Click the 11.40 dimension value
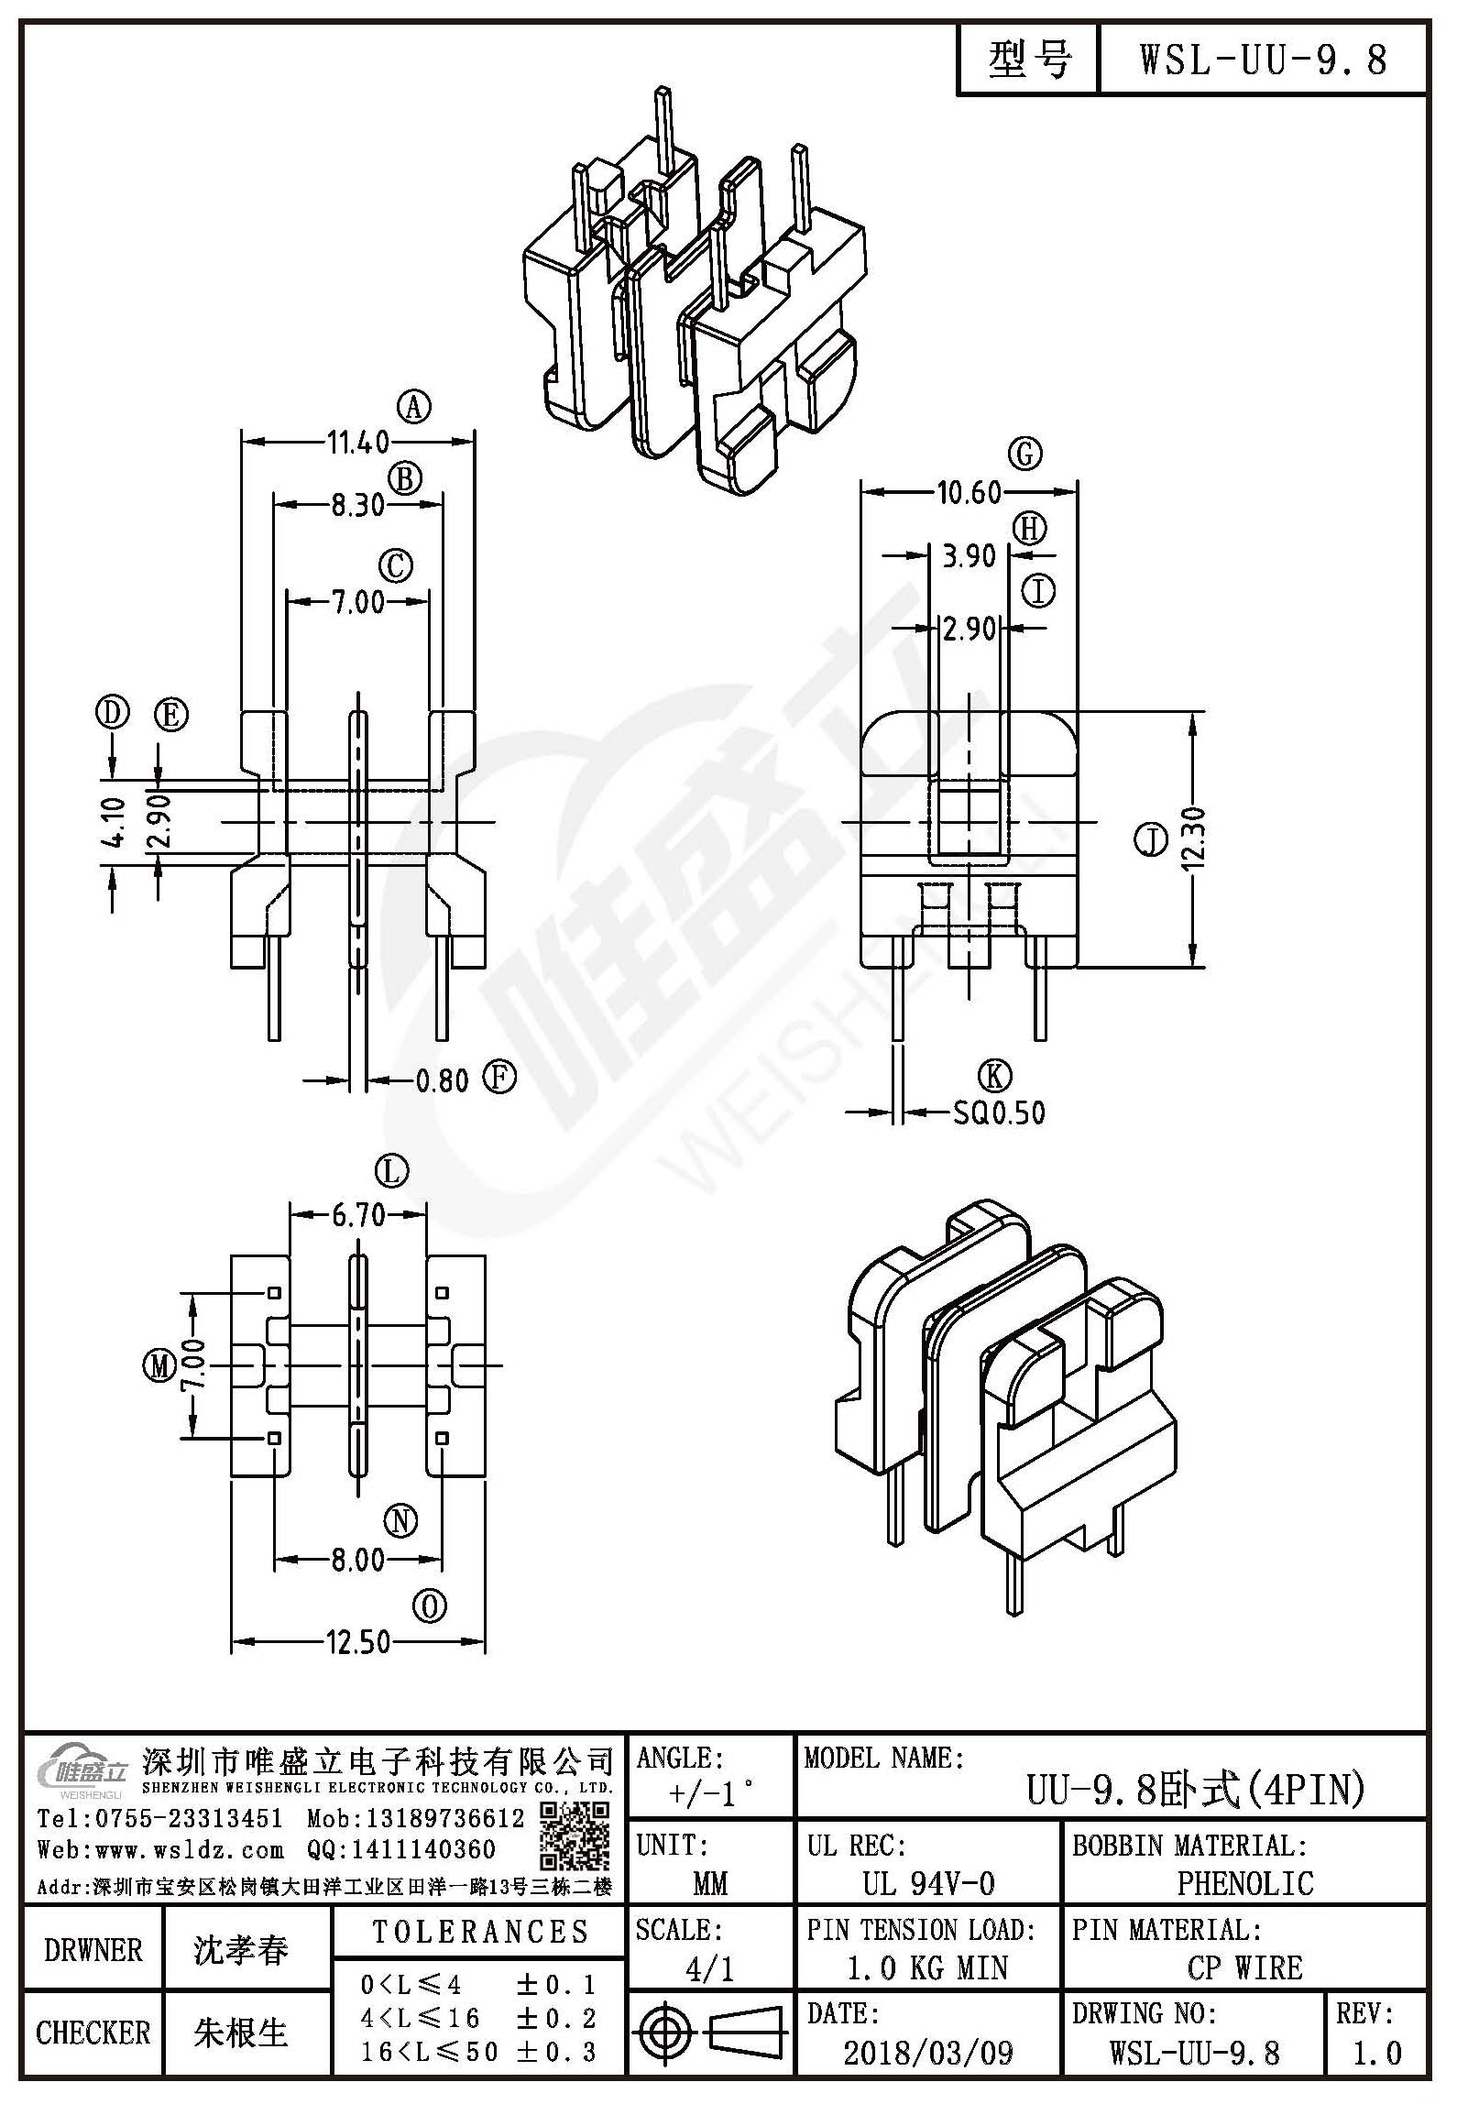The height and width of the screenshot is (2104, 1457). (358, 443)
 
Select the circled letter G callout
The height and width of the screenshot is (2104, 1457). (1024, 454)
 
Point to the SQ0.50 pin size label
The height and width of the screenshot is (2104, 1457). (999, 1112)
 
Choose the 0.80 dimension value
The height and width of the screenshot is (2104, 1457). (443, 1081)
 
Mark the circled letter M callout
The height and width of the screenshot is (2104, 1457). (159, 1367)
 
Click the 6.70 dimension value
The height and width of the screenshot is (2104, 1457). (358, 1216)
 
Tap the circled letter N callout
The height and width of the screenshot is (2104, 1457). (400, 1522)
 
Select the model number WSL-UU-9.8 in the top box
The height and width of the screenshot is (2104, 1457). (1264, 60)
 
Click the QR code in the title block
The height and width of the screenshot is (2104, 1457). (574, 1836)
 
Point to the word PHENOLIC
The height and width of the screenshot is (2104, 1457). (1245, 1884)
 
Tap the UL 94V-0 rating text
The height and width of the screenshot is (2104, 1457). (928, 1884)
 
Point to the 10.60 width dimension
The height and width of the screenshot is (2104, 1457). (969, 493)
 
